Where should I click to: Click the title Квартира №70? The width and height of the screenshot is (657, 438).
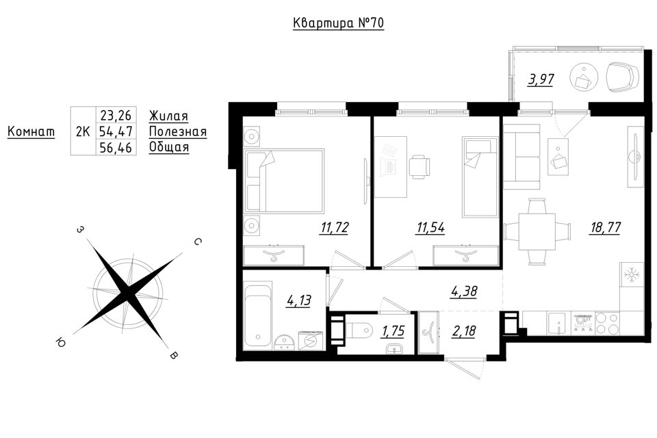pyautogui.click(x=338, y=23)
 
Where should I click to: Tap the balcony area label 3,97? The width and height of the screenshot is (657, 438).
pyautogui.click(x=541, y=79)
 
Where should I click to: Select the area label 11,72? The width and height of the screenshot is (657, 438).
pyautogui.click(x=335, y=228)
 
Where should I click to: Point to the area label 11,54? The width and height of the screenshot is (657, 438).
pyautogui.click(x=430, y=228)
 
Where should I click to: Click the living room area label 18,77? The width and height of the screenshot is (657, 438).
pyautogui.click(x=606, y=228)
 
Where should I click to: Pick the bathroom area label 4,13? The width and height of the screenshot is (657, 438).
pyautogui.click(x=299, y=300)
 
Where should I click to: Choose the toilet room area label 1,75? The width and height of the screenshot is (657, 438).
pyautogui.click(x=393, y=331)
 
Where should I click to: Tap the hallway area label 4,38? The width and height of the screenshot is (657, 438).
pyautogui.click(x=464, y=291)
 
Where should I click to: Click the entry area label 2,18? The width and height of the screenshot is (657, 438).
pyautogui.click(x=464, y=331)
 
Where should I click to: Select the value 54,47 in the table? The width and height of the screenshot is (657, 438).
pyautogui.click(x=116, y=131)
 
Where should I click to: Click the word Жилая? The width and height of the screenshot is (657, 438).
pyautogui.click(x=168, y=115)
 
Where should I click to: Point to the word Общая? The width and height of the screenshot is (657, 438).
pyautogui.click(x=169, y=147)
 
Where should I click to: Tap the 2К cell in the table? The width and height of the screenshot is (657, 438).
pyautogui.click(x=83, y=131)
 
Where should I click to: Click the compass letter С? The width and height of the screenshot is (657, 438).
pyautogui.click(x=198, y=242)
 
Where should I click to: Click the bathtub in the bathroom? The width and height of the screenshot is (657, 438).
pyautogui.click(x=258, y=315)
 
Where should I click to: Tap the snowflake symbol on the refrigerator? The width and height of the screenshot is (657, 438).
pyautogui.click(x=632, y=275)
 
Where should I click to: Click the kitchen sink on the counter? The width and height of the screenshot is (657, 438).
pyautogui.click(x=559, y=324)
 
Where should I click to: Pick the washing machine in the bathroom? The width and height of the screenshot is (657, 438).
pyautogui.click(x=311, y=340)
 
